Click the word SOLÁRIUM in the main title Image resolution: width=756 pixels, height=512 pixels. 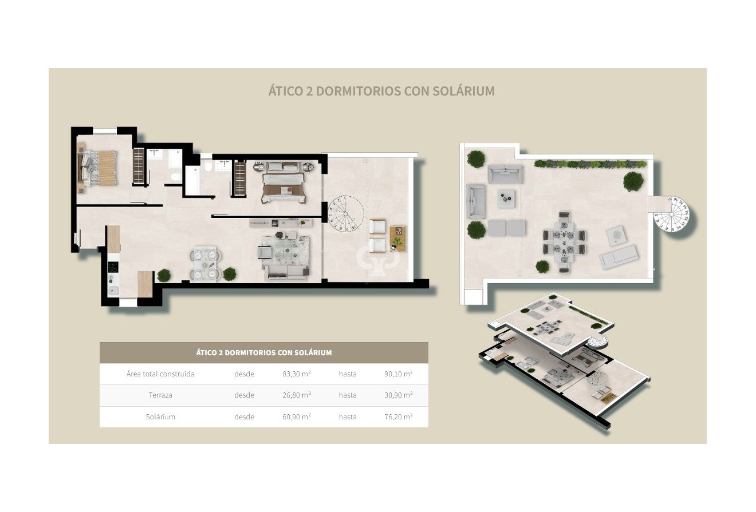[x=461, y=91]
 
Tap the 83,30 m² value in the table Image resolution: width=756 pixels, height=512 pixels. [x=297, y=374]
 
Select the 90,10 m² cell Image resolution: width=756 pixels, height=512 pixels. [x=399, y=374]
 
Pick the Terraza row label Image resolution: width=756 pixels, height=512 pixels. [x=160, y=395]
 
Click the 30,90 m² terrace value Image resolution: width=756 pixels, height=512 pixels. [x=399, y=395]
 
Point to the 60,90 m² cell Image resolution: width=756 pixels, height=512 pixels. [x=297, y=416]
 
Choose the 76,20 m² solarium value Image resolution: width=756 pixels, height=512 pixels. [x=399, y=416]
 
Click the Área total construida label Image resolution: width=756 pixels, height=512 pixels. [x=160, y=374]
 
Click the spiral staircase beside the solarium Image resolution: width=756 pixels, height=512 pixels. [x=672, y=217]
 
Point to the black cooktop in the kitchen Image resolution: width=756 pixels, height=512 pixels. [x=113, y=267]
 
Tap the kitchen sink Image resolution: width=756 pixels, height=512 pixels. [x=113, y=291]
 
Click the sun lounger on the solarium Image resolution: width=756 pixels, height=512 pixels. [x=619, y=256]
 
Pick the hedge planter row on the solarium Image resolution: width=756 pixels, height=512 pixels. [x=590, y=164]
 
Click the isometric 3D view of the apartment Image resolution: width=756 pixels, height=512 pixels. [x=564, y=360]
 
